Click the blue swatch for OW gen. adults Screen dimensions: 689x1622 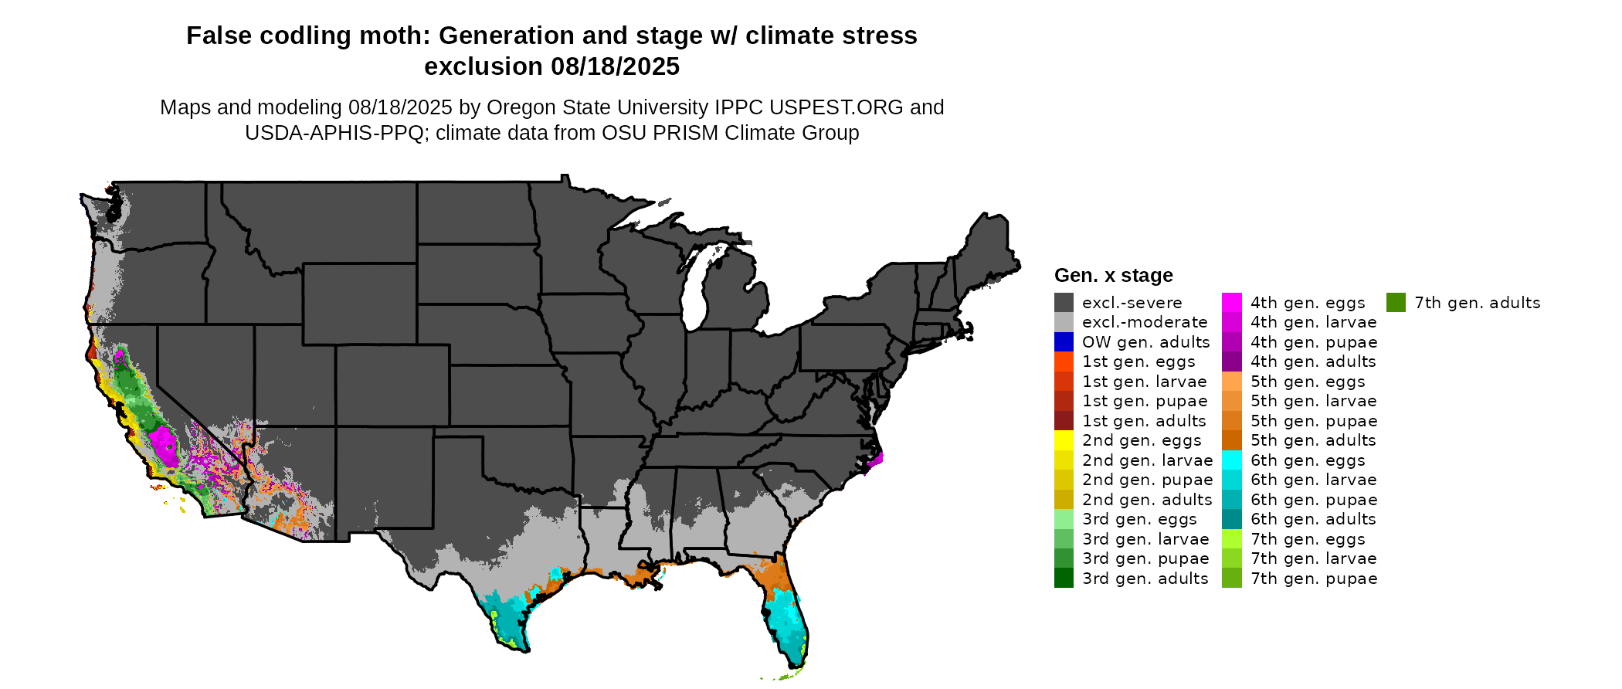1064,341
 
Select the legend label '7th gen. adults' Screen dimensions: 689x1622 1477,303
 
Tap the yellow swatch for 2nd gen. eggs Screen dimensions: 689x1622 1064,440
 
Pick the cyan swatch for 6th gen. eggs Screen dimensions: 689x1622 1232,460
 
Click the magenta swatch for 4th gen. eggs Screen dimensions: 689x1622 1232,303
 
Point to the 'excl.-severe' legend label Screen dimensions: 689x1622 1132,303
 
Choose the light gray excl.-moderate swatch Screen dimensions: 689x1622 1064,322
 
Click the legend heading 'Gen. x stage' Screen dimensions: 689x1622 1113,275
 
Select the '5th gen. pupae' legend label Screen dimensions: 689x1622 1314,421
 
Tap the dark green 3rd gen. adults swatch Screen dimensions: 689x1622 1064,578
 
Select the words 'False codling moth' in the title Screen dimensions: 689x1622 309,36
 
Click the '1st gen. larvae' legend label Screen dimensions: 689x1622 1144,382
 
